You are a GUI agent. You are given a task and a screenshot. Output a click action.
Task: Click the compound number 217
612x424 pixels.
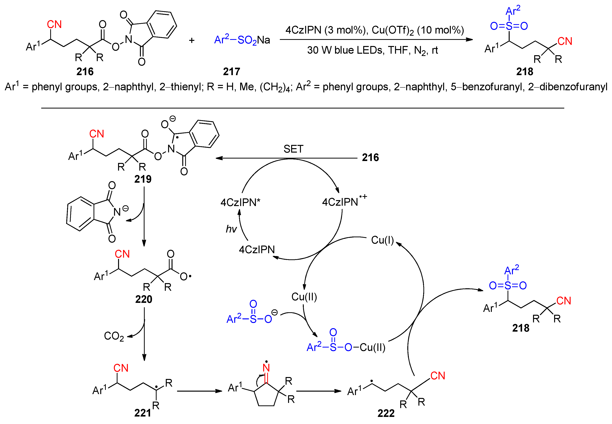[231, 71]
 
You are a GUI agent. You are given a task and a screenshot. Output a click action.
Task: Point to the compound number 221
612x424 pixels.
[142, 413]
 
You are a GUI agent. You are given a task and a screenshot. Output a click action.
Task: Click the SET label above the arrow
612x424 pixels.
[293, 149]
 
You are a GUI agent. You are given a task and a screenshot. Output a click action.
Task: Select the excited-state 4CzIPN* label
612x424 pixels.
[240, 202]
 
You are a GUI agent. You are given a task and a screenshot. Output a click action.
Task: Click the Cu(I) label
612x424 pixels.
[382, 240]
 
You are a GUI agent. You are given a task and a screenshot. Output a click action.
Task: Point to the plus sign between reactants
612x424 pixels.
[191, 40]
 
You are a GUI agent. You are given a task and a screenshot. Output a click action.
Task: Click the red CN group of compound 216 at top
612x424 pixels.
[54, 25]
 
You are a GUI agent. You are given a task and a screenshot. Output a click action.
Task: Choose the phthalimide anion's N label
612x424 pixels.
[117, 212]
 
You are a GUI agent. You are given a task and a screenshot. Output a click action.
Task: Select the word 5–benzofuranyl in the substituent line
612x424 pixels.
[487, 87]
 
